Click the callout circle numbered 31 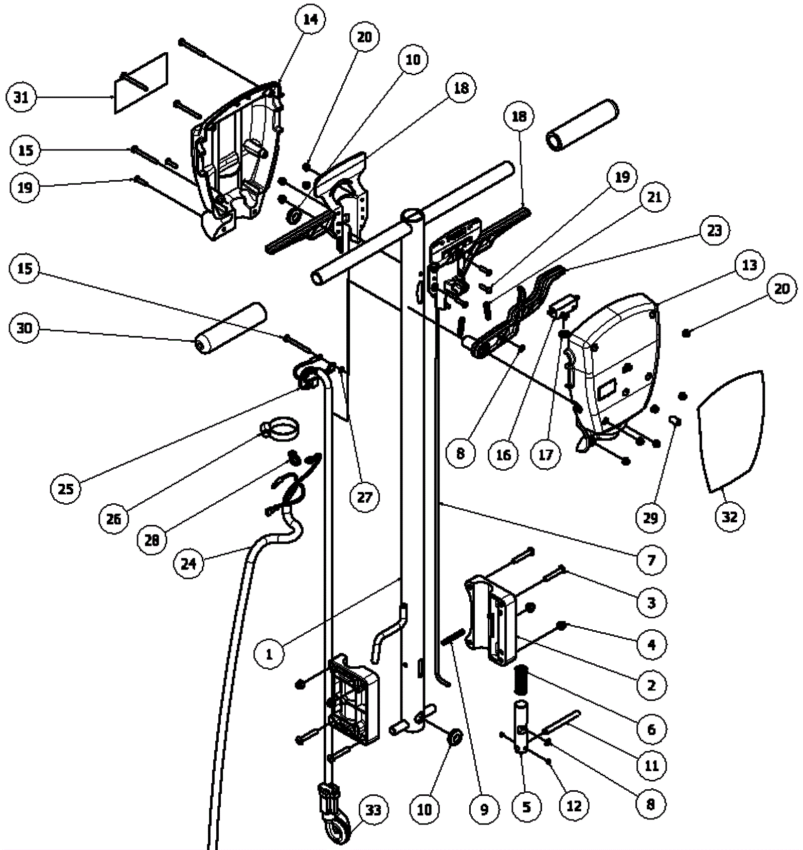pyautogui.click(x=22, y=97)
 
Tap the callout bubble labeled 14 pyautogui.click(x=311, y=20)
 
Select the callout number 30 pyautogui.click(x=24, y=329)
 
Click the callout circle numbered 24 pyautogui.click(x=189, y=563)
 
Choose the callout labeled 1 pyautogui.click(x=269, y=654)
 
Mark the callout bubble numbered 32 pyautogui.click(x=730, y=516)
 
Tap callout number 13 pyautogui.click(x=750, y=264)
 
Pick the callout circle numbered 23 pyautogui.click(x=715, y=230)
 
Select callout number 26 pyautogui.click(x=114, y=518)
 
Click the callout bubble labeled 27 pyautogui.click(x=365, y=497)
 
